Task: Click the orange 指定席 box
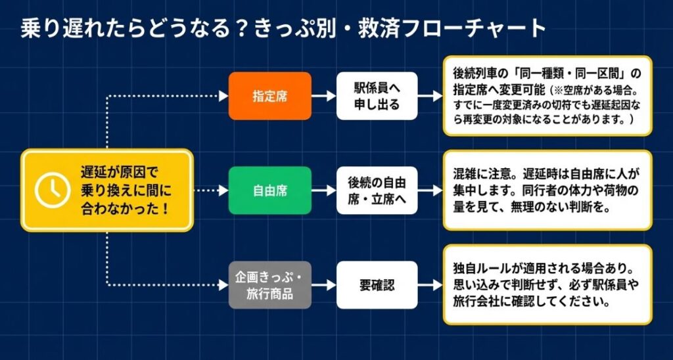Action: tap(270, 96)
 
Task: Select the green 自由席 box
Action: tap(270, 191)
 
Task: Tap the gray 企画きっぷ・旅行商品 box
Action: tap(270, 285)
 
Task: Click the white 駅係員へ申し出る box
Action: tap(377, 96)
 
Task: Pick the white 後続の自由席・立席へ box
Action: tap(377, 191)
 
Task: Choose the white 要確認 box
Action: tap(377, 285)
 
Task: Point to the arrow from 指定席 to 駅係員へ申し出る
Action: tap(324, 96)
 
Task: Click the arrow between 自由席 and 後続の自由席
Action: tap(324, 191)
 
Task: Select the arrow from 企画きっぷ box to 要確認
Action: tap(324, 285)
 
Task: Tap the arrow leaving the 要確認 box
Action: tap(430, 285)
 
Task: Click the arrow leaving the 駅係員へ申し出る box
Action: tap(430, 96)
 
